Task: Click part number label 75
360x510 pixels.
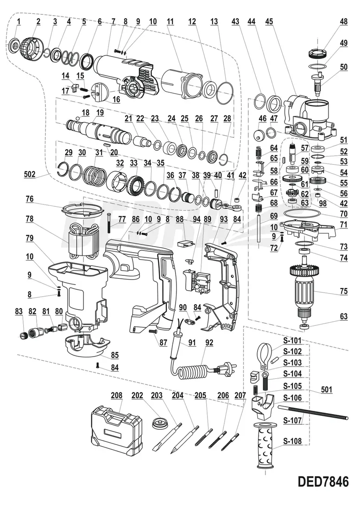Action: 343,292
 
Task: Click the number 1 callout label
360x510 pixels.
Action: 19,21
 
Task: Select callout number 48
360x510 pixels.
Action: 343,21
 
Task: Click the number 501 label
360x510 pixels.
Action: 327,390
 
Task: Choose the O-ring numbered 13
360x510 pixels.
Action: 225,92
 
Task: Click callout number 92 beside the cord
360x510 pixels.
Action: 209,344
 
